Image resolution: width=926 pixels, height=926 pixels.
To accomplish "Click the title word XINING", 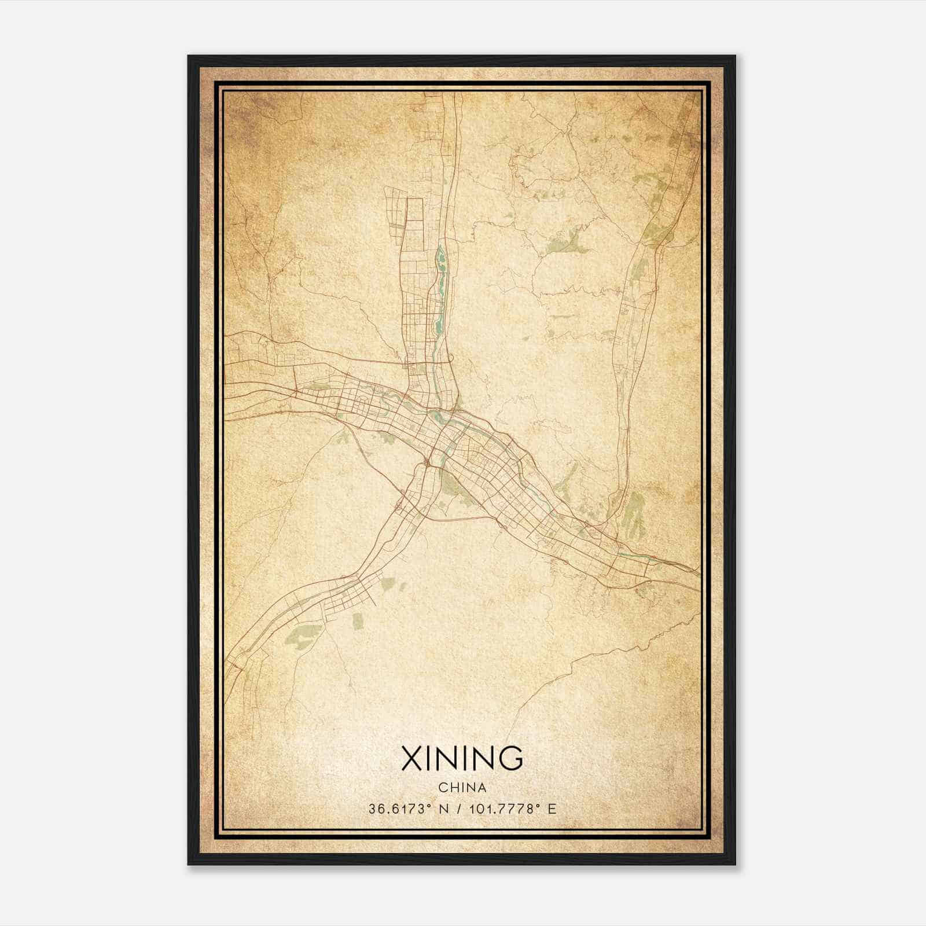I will [462, 759].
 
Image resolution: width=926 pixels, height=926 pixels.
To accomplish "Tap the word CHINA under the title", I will [462, 788].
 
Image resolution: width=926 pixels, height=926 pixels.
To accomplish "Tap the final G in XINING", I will [512, 759].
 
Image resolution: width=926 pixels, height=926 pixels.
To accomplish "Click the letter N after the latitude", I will [443, 809].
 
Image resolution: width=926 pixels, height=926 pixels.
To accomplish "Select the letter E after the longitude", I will [552, 809].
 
